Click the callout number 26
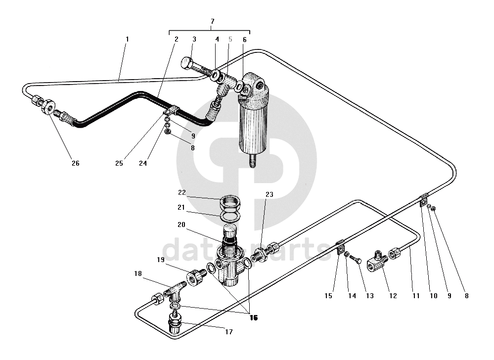(x=75, y=163)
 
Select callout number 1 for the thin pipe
(x=127, y=39)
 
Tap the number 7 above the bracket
(x=212, y=21)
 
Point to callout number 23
(x=269, y=195)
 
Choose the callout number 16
(x=254, y=318)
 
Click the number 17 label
(x=228, y=332)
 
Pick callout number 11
(x=416, y=296)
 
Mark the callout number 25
(x=119, y=163)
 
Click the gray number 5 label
(x=230, y=39)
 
